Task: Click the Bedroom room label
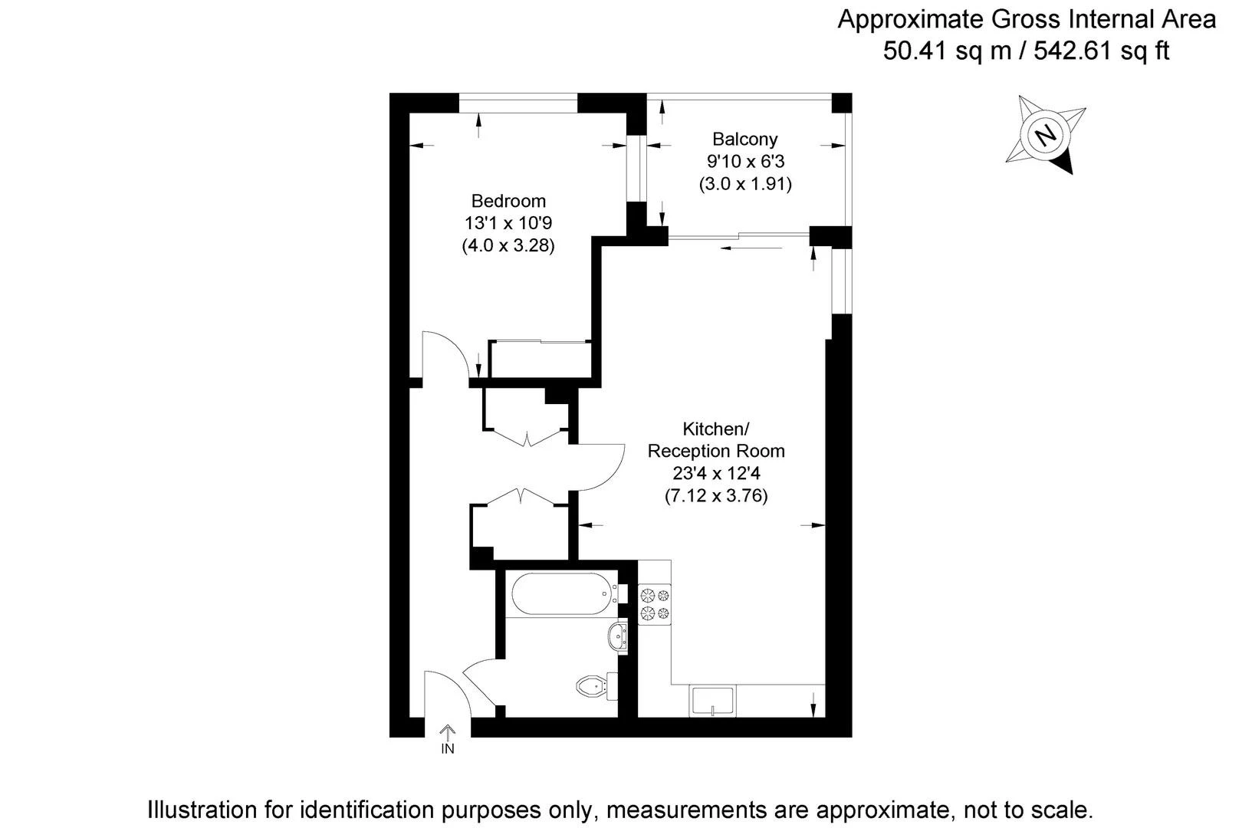508,201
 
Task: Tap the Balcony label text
744,139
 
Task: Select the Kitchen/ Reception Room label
716,440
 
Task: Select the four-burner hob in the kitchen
654,604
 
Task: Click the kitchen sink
712,701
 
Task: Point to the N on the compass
1046,135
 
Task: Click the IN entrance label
448,749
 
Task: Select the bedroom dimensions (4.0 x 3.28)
508,245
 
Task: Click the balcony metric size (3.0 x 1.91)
744,183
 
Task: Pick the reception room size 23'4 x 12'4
716,473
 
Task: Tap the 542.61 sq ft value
1101,51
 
